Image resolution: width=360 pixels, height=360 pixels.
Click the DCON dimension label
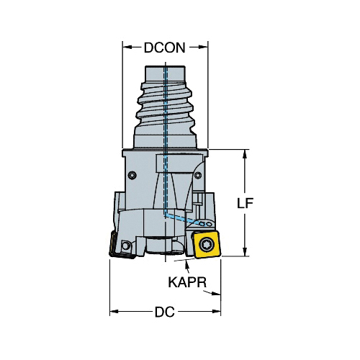coord(165,48)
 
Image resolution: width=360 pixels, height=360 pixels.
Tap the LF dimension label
coord(246,204)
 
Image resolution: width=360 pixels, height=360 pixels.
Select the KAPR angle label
coord(187,282)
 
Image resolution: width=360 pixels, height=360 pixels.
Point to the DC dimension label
coord(165,312)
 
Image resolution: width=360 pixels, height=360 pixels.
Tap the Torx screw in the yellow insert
coord(206,245)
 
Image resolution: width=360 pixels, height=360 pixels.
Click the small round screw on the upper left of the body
coord(132,175)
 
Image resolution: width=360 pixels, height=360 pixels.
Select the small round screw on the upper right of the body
coord(197,176)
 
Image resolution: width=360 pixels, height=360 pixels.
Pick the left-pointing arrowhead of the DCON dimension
coord(127,48)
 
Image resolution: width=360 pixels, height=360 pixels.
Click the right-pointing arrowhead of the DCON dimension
coord(204,48)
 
